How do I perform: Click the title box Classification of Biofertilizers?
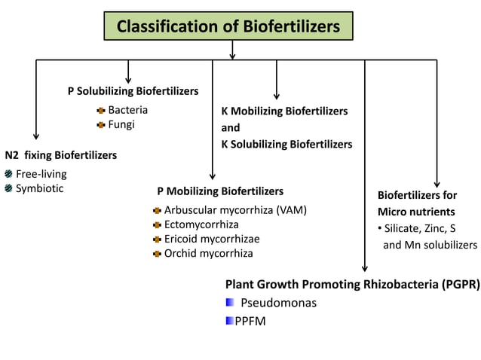point(228,27)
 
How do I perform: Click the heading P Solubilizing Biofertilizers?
point(133,91)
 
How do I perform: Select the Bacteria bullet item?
point(127,110)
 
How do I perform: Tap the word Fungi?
point(121,124)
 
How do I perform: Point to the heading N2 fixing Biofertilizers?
point(60,156)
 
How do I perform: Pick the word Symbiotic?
point(40,188)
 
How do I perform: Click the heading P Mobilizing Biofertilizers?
point(220,191)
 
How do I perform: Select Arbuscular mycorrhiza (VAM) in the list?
point(235,210)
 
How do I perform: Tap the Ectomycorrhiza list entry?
point(201,224)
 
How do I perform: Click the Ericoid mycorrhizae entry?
point(212,239)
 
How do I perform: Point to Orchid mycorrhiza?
point(209,253)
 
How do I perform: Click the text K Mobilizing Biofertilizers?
point(284,111)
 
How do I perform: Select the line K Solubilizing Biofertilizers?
point(286,144)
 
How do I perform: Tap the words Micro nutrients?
point(416,212)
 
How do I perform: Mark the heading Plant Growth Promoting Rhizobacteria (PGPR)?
point(352,285)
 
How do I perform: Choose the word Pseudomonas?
point(279,304)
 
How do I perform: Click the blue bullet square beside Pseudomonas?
point(230,303)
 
